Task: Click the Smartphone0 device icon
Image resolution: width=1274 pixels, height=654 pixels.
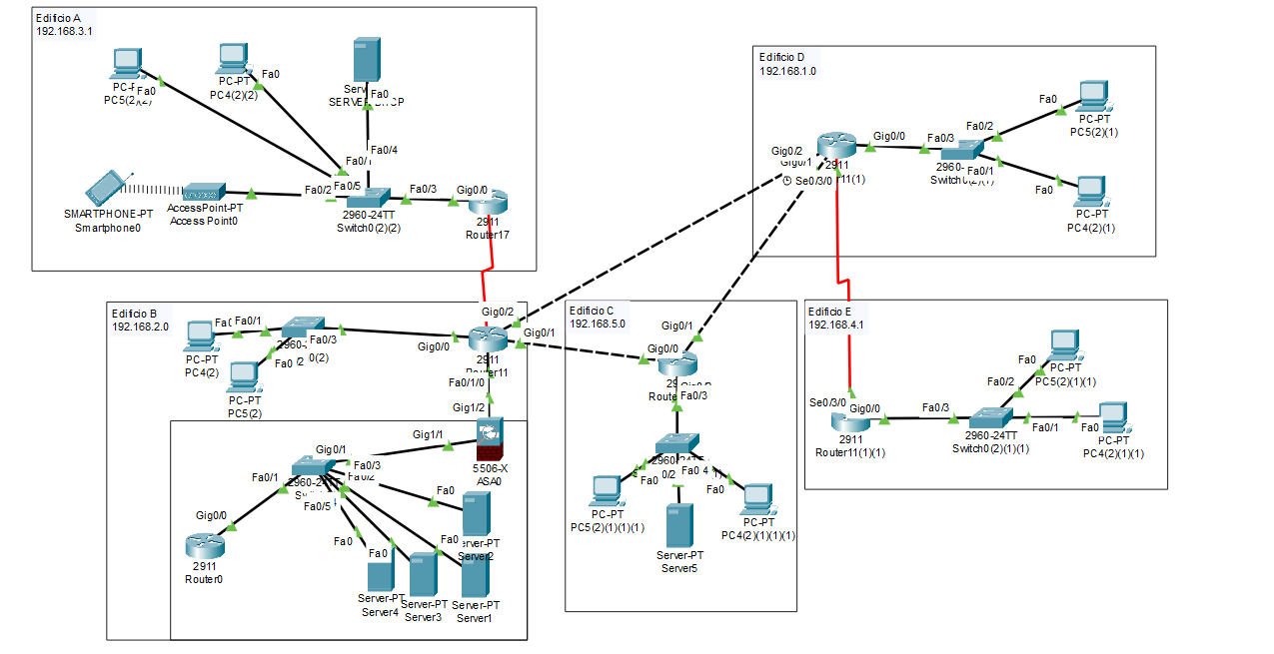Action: pyautogui.click(x=106, y=187)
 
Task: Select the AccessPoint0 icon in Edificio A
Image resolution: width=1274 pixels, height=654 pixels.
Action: pyautogui.click(x=204, y=192)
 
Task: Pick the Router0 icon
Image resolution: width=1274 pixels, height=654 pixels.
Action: pyautogui.click(x=204, y=545)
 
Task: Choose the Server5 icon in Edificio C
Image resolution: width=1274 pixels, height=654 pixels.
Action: pyautogui.click(x=679, y=524)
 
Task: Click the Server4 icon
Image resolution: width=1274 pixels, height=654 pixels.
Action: pyautogui.click(x=379, y=577)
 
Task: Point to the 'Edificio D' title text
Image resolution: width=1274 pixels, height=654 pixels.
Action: pyautogui.click(x=788, y=57)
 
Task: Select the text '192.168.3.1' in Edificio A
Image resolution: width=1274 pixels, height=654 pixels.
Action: pyautogui.click(x=65, y=31)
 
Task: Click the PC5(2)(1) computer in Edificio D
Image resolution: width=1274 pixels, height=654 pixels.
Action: pyautogui.click(x=1093, y=96)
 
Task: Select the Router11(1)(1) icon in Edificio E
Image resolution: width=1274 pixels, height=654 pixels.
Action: pyautogui.click(x=850, y=421)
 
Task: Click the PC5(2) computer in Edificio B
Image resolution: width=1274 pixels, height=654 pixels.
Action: pyautogui.click(x=244, y=376)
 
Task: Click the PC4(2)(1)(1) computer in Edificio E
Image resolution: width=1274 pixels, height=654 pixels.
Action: pyautogui.click(x=1113, y=417)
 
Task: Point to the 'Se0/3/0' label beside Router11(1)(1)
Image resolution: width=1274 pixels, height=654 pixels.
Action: pyautogui.click(x=828, y=402)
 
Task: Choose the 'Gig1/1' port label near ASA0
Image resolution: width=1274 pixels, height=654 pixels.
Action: pyautogui.click(x=429, y=434)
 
